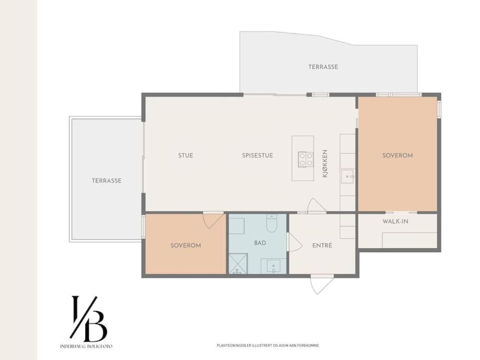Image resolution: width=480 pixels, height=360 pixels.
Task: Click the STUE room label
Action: [185, 155]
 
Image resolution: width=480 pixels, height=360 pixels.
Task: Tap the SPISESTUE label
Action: [258, 155]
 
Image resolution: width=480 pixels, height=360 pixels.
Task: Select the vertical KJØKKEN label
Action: [325, 163]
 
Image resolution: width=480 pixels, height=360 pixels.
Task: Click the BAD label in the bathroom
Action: [260, 243]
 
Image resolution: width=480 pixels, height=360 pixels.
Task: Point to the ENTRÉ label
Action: [322, 245]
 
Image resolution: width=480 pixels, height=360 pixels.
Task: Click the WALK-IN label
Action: [395, 221]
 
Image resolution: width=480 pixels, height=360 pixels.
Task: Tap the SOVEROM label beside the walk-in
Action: [397, 155]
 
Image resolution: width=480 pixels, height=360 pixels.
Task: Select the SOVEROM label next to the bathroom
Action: [185, 245]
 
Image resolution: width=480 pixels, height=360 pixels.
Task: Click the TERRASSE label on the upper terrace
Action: [323, 67]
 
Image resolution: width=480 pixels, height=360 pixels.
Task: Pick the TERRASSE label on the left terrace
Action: [106, 181]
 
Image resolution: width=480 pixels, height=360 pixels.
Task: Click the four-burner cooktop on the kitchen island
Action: [306, 160]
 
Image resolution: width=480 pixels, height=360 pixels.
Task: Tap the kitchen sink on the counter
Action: [347, 177]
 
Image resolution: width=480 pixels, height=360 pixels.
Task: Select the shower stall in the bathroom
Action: [238, 264]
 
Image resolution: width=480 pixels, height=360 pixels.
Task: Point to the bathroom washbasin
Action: [273, 266]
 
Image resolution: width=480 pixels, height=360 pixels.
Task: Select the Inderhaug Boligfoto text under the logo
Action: [86, 346]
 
